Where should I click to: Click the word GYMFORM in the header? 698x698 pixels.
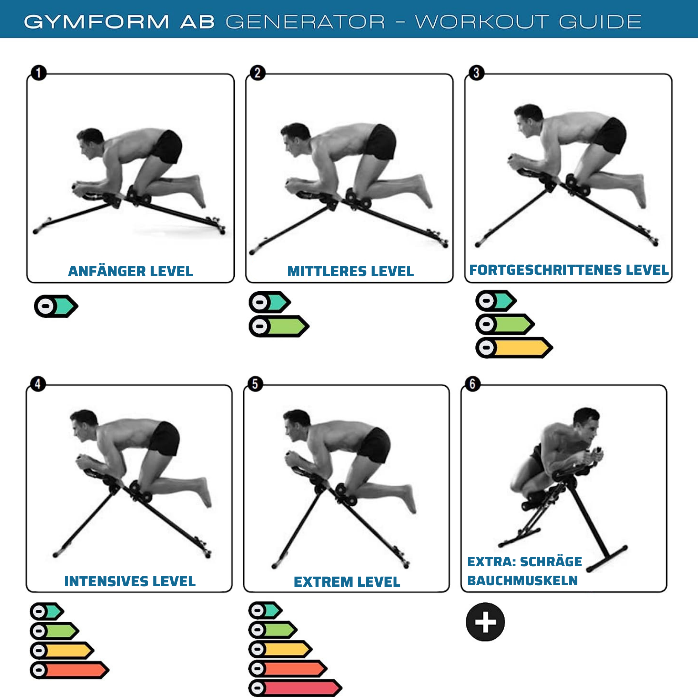(x=97, y=22)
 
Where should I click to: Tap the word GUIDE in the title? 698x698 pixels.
(x=600, y=22)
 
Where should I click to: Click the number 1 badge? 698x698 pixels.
(x=39, y=73)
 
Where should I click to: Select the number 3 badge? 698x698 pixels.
(x=476, y=73)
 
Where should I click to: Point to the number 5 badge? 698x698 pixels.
(x=255, y=384)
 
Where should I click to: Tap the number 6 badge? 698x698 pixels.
(x=473, y=384)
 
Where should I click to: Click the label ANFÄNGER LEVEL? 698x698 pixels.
(x=130, y=271)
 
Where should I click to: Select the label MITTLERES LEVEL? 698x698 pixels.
(x=351, y=271)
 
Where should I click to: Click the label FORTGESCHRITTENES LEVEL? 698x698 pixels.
(x=569, y=270)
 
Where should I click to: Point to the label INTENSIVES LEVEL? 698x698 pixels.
(x=130, y=581)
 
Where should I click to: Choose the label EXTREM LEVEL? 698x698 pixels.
(x=347, y=582)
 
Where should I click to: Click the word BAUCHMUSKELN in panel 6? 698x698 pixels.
(x=523, y=580)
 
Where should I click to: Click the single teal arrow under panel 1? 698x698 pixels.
(x=56, y=306)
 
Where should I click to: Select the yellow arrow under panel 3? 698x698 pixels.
(x=514, y=347)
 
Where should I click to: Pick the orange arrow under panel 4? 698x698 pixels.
(x=70, y=670)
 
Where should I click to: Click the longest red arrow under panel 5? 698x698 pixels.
(x=295, y=688)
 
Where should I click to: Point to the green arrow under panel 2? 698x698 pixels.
(x=279, y=326)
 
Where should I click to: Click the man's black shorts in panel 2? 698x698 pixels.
(x=381, y=142)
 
